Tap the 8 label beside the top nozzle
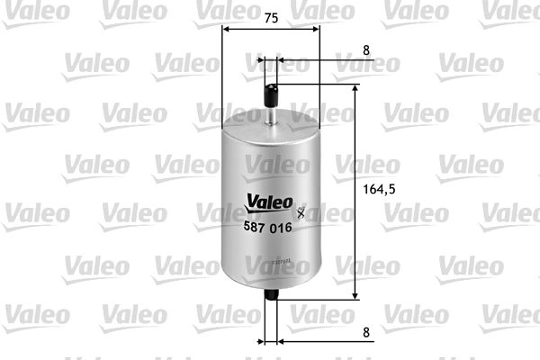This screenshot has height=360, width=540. [366, 51]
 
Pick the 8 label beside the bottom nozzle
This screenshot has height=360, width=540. [366, 331]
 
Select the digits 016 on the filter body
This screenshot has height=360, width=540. [283, 230]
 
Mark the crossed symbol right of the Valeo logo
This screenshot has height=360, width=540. [301, 213]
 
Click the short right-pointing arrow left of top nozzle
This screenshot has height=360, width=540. [262, 62]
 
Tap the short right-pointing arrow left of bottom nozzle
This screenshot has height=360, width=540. [262, 342]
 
